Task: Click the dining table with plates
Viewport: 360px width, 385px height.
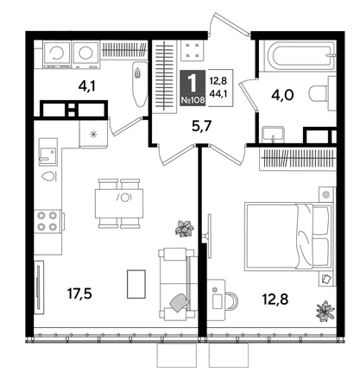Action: [x=120, y=198]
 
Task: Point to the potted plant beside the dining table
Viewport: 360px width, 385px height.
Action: [x=183, y=228]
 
